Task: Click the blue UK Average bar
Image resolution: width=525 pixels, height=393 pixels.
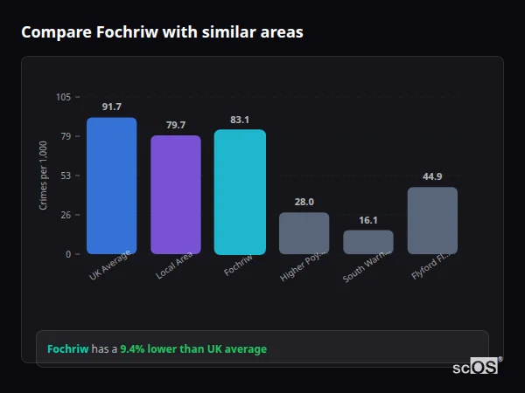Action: (x=111, y=185)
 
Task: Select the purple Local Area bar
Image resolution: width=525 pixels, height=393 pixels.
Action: (x=176, y=194)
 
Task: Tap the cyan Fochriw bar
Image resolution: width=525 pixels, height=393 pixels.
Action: (x=240, y=191)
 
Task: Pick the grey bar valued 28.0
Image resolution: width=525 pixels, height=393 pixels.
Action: (x=304, y=232)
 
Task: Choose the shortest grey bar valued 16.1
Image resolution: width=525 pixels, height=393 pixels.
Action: (x=368, y=242)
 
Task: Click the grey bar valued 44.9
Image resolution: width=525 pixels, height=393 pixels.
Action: (x=432, y=220)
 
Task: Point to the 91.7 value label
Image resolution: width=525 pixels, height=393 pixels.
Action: (x=111, y=107)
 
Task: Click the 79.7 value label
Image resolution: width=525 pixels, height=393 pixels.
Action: (x=176, y=125)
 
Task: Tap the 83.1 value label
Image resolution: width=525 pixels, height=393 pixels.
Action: (x=240, y=120)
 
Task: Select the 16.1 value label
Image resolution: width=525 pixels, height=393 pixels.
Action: (x=368, y=220)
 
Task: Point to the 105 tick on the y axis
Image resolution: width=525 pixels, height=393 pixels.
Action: (x=63, y=97)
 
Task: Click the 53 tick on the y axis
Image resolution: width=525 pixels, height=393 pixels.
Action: (x=65, y=176)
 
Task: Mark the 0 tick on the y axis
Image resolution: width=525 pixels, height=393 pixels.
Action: (x=67, y=254)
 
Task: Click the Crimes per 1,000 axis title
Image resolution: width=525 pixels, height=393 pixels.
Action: (x=44, y=176)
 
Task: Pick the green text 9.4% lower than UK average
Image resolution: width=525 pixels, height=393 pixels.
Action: (x=193, y=349)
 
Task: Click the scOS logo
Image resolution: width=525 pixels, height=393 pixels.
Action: (x=476, y=367)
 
